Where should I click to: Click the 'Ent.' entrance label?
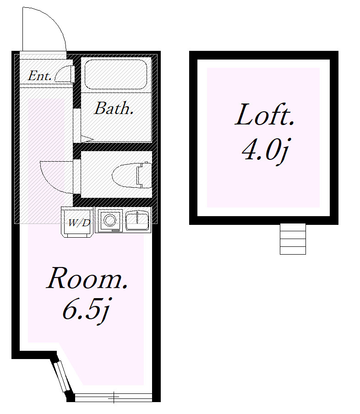[x=40, y=76]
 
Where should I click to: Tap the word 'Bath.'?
[x=114, y=108]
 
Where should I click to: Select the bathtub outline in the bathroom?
[x=116, y=75]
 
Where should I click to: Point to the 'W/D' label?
[x=79, y=223]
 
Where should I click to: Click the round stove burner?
[x=109, y=220]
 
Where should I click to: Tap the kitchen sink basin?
[x=137, y=220]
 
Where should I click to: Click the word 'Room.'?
[x=87, y=278]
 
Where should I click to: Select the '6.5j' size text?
[x=86, y=310]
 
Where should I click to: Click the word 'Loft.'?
[x=265, y=115]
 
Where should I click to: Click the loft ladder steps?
[x=293, y=239]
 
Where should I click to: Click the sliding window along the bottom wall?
[x=114, y=397]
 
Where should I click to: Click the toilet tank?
[x=144, y=175]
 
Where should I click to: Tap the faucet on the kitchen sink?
[x=137, y=217]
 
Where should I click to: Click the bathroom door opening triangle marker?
[x=87, y=139]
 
